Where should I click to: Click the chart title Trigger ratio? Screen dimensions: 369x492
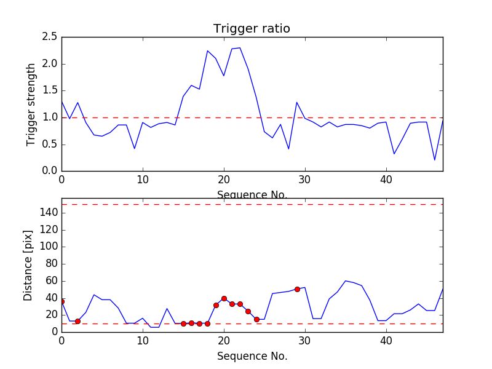tap(252, 29)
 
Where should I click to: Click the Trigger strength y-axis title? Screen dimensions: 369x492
tap(31, 105)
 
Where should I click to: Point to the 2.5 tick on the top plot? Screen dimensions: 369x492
tap(50, 37)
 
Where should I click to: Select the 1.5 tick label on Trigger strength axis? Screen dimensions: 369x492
tap(50, 90)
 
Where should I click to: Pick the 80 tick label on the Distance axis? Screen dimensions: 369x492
tap(50, 264)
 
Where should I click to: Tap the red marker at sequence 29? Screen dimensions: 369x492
tap(297, 289)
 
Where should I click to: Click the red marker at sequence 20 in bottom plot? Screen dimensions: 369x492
tap(224, 298)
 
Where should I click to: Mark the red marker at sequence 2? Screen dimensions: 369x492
tap(77, 321)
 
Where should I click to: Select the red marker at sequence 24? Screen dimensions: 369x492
tap(256, 319)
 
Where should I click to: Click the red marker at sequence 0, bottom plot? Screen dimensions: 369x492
tap(61, 301)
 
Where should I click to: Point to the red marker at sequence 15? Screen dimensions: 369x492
tap(183, 323)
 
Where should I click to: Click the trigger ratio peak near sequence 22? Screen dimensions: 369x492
tap(240, 48)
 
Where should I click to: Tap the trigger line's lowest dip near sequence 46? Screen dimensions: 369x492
tap(435, 160)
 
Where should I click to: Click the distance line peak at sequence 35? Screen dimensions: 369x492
tap(346, 280)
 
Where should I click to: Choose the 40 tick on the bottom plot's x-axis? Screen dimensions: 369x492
tap(386, 341)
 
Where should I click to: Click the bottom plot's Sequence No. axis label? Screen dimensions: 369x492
tap(252, 356)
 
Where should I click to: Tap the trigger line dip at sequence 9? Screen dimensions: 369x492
tap(135, 148)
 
